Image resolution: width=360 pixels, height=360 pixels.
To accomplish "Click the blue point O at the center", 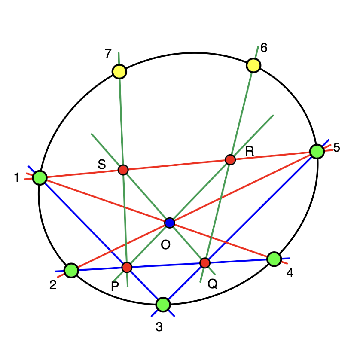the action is point(170,223).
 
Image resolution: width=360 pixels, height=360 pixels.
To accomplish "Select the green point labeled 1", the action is point(40,178).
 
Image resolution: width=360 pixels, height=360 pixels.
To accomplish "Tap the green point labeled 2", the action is point(71,271).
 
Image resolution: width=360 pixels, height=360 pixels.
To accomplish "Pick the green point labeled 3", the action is point(163,305).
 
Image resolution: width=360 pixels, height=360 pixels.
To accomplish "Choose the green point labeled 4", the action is point(274,259).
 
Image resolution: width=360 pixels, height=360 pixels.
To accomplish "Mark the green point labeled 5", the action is point(317,152).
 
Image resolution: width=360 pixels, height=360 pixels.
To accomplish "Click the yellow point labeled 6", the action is point(253,65).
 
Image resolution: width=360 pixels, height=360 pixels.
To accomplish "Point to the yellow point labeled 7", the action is point(119,72).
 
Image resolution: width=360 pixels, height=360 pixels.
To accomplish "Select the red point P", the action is point(127,267).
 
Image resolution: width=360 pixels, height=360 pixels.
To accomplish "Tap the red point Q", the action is point(205,263).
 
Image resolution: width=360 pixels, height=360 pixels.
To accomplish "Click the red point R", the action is point(230,159).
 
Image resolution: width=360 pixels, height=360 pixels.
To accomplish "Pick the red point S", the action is point(123,170).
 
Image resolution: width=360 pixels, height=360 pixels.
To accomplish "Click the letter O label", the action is point(165,245).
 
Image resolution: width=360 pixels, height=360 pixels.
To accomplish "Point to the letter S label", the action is point(102,165).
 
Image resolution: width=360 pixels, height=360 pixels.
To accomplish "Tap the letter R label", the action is point(250,151).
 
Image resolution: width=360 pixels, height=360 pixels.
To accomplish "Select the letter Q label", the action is point(212,284).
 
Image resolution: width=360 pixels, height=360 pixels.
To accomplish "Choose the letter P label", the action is point(115,286).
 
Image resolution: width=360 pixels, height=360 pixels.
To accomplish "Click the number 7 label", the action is point(108,53).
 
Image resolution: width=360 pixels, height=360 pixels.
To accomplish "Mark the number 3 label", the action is point(159,327).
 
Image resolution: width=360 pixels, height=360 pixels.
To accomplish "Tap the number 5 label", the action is point(336,147).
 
